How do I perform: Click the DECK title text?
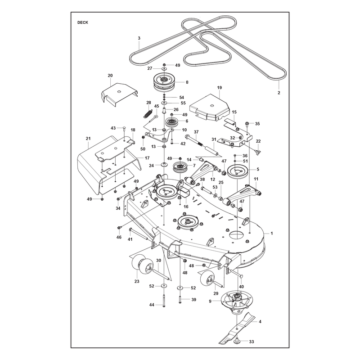pos(83,22)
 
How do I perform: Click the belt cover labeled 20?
pos(119,94)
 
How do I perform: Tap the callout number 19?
pos(219,87)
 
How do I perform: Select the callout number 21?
pos(88,139)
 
